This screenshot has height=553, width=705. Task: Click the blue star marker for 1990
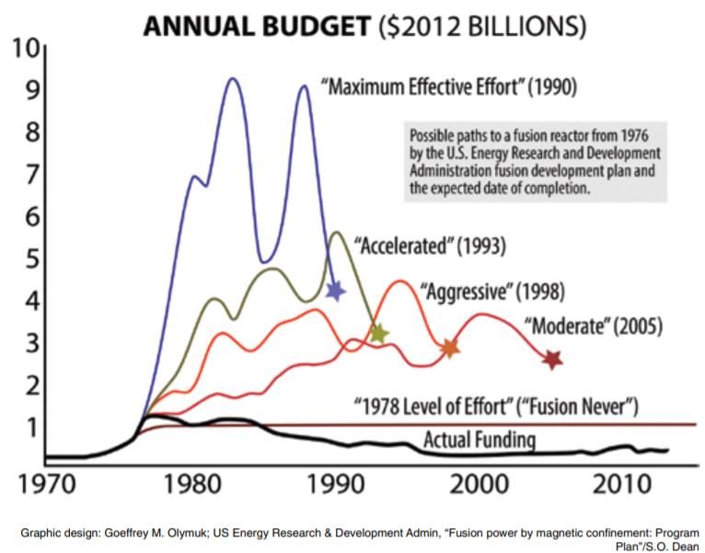click(x=336, y=291)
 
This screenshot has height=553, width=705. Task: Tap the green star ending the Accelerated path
click(x=377, y=333)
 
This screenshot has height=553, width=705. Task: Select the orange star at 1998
click(x=449, y=348)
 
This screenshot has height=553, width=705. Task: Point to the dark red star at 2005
click(x=552, y=359)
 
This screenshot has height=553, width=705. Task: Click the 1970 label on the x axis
click(x=47, y=482)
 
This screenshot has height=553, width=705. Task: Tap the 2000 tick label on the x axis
click(x=478, y=482)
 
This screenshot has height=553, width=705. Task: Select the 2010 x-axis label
click(x=621, y=482)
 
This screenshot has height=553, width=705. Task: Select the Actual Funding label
click(x=479, y=439)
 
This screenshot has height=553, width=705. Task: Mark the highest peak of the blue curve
click(x=233, y=79)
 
